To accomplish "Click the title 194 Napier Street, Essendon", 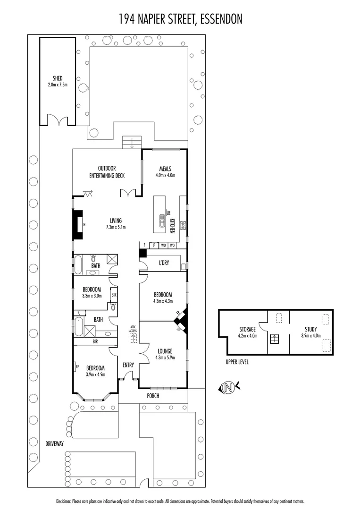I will (x=180, y=19).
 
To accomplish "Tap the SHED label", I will (x=58, y=78).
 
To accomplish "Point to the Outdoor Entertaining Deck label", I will (x=107, y=171).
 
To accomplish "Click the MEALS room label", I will (x=165, y=169).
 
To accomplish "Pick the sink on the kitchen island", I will (x=162, y=221).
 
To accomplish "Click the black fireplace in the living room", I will (x=76, y=224).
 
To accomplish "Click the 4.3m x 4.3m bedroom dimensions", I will (x=163, y=301).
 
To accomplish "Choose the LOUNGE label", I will (x=165, y=351).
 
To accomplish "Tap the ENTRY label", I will (x=128, y=365).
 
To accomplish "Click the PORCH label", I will (x=152, y=396).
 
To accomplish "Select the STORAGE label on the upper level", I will (x=247, y=329).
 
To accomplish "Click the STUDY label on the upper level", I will (x=311, y=329).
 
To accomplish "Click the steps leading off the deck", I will (x=132, y=142).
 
